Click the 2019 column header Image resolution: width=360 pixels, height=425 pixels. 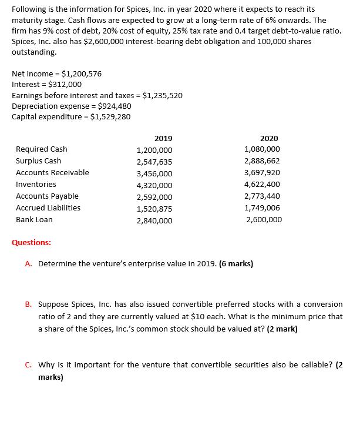tap(163, 138)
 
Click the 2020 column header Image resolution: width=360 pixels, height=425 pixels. tap(269, 138)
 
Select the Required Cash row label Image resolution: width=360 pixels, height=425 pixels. tap(41, 149)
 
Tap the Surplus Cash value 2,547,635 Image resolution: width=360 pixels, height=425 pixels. tap(154, 162)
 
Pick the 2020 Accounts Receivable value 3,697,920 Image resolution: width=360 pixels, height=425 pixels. tap(262, 173)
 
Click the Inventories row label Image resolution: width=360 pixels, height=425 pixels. tap(36, 185)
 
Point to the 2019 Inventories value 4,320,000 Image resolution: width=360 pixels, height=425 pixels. tap(154, 185)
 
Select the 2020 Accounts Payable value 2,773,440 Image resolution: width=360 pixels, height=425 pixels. tap(262, 196)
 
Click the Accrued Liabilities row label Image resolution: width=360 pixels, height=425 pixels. tap(48, 208)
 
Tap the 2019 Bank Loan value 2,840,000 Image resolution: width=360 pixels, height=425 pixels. tap(154, 220)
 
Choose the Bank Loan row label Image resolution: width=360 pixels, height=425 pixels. tap(34, 220)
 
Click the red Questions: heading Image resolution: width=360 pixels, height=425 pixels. tap(31, 242)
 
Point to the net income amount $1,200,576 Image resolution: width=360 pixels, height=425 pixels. tap(82, 74)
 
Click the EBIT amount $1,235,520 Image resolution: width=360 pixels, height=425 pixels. tap(163, 95)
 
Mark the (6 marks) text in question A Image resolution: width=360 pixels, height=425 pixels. tap(235, 264)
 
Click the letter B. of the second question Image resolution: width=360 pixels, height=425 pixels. tap(29, 304)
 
